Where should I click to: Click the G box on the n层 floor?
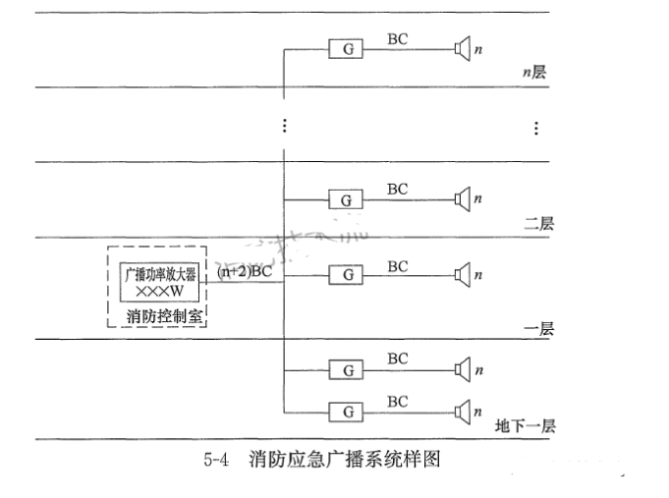346,49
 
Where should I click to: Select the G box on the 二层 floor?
346,200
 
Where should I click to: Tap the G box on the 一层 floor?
346,275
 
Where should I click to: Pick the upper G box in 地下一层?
346,370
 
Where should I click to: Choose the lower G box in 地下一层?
346,411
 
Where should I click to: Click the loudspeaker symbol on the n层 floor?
462,48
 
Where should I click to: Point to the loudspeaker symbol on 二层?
462,199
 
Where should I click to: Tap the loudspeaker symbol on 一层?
462,275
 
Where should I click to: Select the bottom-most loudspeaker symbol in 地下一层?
462,411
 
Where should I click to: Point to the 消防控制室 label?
165,316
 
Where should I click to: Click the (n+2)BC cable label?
245,272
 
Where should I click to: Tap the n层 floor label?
534,74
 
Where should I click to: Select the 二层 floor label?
538,224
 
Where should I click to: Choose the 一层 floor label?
538,328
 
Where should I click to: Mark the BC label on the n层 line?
397,39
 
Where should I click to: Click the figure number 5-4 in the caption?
216,459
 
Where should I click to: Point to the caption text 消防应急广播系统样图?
343,459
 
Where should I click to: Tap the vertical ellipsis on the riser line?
284,126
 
